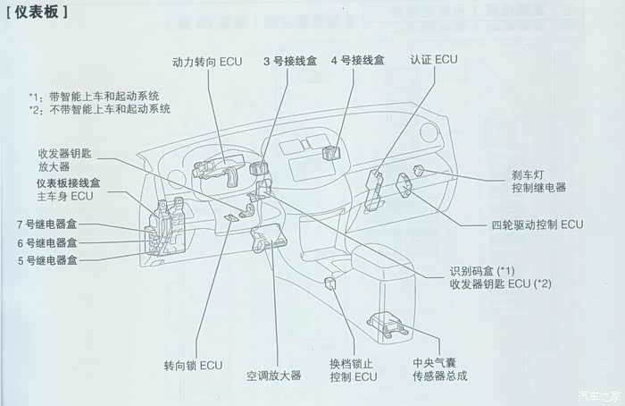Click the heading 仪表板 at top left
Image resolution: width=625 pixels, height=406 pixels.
[x=37, y=12]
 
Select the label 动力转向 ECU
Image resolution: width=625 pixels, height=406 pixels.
[x=207, y=62]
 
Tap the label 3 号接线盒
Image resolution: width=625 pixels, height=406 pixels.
[x=290, y=61]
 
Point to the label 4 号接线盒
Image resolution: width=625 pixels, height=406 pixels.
[x=358, y=60]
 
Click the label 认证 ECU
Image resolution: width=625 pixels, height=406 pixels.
[x=434, y=60]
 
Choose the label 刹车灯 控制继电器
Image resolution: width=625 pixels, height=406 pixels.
[x=539, y=182]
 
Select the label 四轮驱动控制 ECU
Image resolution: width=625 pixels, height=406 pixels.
[x=537, y=224]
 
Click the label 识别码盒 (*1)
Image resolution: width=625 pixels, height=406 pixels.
[x=482, y=272]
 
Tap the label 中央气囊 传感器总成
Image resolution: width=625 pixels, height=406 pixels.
[x=440, y=369]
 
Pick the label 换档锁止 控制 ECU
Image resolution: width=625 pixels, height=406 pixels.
[x=354, y=370]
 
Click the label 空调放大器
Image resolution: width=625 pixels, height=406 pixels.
[x=273, y=376]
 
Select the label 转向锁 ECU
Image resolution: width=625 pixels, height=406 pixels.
[x=194, y=366]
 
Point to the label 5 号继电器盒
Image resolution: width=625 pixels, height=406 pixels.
[x=47, y=261]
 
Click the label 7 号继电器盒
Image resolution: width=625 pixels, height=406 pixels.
[x=46, y=224]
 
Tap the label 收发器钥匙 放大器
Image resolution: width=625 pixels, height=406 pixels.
[x=64, y=160]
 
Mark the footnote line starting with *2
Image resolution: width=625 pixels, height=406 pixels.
[x=100, y=109]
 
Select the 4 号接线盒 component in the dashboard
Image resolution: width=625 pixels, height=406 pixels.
[x=330, y=153]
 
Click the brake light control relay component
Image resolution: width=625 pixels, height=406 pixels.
[x=419, y=170]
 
